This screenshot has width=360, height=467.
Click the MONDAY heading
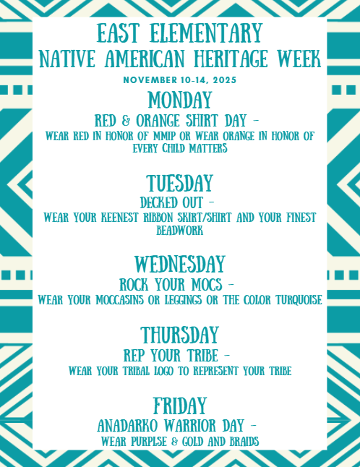coord(180,100)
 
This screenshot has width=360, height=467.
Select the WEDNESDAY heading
coord(180,264)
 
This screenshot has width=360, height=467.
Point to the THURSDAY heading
coord(180,335)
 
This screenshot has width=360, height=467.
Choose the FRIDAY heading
coord(180,406)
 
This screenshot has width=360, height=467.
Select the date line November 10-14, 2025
coord(180,79)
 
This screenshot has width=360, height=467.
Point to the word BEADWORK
coord(180,231)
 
